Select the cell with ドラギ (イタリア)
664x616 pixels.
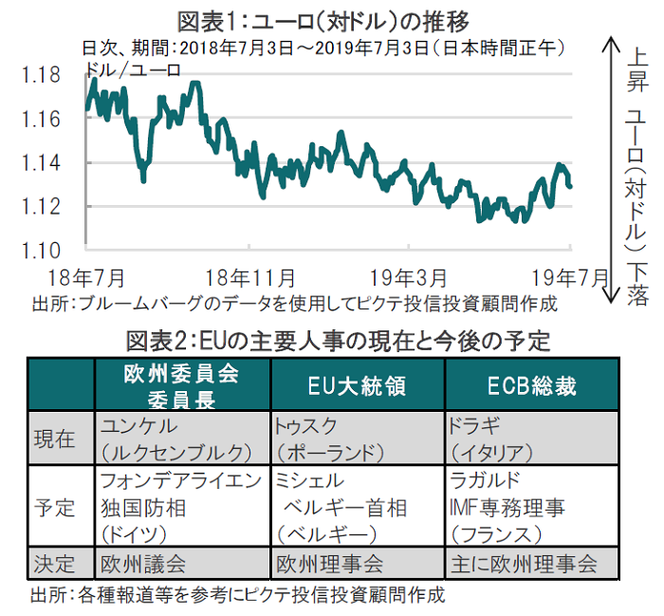531,438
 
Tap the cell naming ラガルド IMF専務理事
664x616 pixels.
531,507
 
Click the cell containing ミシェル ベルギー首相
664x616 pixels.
358,507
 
